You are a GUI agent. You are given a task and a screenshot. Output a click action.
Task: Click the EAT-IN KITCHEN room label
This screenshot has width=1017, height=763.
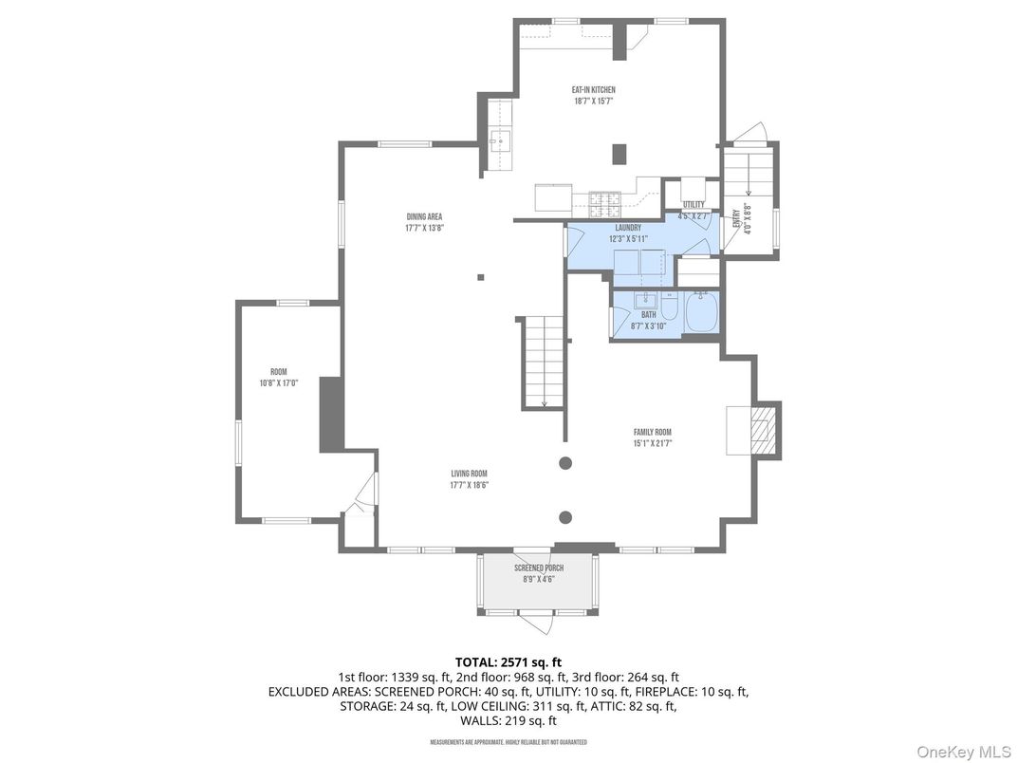point(594,90)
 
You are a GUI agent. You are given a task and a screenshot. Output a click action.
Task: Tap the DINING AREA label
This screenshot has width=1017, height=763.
point(424,216)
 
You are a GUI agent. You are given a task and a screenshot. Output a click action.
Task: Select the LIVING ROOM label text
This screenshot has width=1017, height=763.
point(469,474)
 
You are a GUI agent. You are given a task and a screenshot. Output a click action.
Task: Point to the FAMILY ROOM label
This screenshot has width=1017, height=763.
point(653,432)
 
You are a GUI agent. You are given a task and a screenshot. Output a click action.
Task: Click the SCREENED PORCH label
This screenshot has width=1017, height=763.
point(538,568)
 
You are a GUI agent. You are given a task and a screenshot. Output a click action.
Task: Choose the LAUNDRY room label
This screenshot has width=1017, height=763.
point(628,228)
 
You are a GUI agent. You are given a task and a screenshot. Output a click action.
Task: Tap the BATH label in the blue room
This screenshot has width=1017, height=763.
point(648,315)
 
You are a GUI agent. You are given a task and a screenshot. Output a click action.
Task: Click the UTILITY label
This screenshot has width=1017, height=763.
point(693,205)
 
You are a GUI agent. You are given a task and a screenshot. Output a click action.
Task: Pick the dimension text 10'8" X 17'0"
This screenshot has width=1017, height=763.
point(279,383)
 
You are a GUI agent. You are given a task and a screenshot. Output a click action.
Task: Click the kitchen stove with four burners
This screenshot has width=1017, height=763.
point(604,200)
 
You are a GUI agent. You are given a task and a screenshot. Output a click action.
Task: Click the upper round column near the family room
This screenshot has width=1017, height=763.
point(565,463)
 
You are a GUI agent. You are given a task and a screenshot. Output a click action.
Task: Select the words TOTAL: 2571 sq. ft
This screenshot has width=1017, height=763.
point(508,661)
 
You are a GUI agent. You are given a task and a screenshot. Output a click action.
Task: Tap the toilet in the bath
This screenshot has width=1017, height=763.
point(669,310)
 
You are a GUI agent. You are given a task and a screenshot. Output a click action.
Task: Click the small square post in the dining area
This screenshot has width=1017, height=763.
point(481,277)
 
